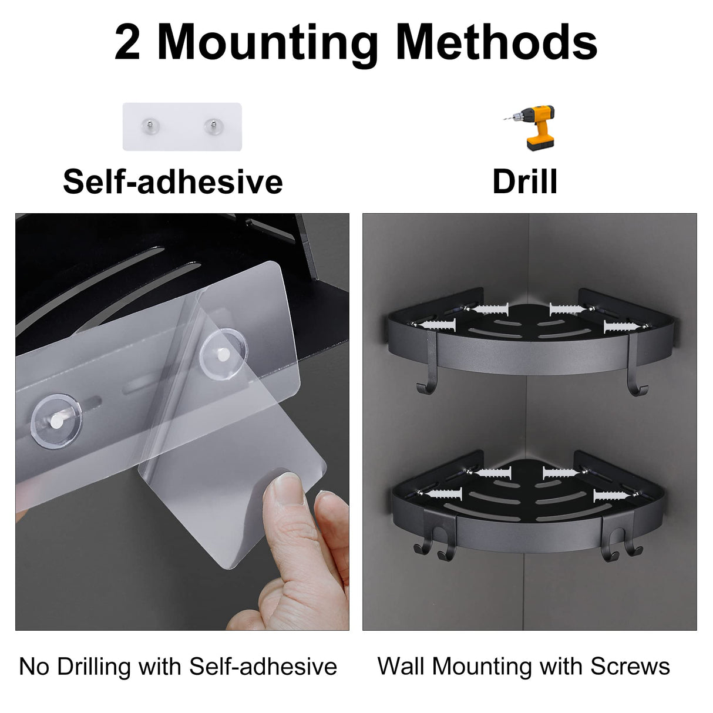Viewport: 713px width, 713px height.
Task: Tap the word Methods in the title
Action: (496, 42)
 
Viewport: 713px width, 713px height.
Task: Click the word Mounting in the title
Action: (268, 42)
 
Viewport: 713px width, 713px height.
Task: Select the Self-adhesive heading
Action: (173, 181)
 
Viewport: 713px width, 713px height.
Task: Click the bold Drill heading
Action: (524, 181)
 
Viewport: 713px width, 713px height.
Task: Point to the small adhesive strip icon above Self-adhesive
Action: (182, 126)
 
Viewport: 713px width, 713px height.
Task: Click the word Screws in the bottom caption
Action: (630, 666)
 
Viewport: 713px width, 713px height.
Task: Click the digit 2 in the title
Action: (127, 42)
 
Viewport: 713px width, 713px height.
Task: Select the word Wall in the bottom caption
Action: (401, 666)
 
